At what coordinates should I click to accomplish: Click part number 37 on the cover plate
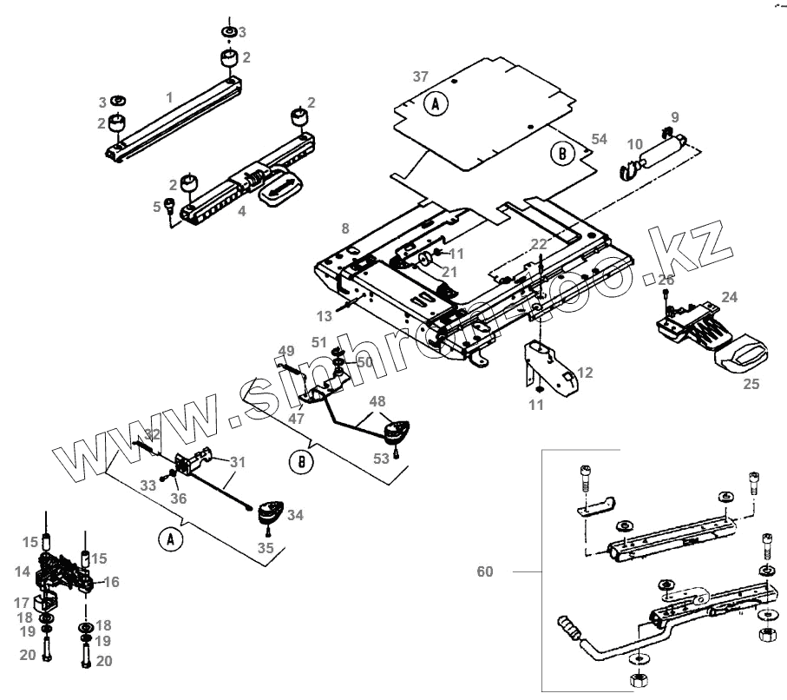pos(421,77)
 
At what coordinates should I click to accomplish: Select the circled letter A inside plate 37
pos(436,105)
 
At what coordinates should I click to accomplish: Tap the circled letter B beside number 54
pos(563,154)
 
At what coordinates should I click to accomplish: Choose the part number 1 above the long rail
pos(169,96)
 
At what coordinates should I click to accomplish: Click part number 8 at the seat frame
pos(345,228)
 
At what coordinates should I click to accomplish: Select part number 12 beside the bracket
pos(586,373)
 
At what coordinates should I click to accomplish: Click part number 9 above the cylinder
pos(675,116)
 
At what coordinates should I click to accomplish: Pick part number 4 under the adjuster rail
pos(242,210)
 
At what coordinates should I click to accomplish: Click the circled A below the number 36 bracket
pos(170,539)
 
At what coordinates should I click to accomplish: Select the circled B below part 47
pos(301,462)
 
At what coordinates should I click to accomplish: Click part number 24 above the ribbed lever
pos(729,297)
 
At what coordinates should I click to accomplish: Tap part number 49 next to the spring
pos(287,350)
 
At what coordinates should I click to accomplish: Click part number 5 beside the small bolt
pos(158,206)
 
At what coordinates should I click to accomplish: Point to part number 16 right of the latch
pos(112,582)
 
